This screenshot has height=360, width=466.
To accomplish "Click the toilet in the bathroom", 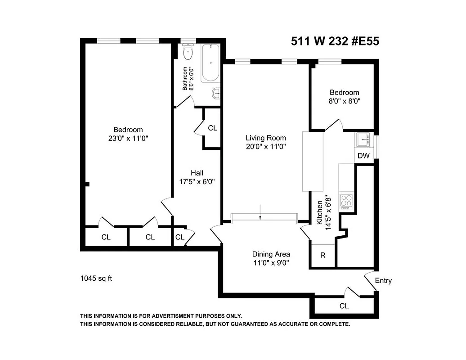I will [188, 52].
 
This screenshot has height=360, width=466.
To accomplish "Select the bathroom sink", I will [216, 94].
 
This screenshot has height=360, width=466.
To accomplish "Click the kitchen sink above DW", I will [363, 140].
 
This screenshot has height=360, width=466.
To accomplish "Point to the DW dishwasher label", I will [363, 156].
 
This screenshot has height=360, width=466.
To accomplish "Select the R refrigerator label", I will [323, 255].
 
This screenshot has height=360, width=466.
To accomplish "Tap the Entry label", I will [383, 280].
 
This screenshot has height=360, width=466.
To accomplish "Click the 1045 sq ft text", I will [96, 278].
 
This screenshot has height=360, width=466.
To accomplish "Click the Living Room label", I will [265, 138].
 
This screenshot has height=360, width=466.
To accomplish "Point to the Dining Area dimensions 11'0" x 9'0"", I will [271, 263].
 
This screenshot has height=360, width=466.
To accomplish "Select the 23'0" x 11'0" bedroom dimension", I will [128, 139].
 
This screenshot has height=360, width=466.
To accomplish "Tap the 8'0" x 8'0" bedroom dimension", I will [343, 101].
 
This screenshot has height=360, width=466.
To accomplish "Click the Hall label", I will [197, 173].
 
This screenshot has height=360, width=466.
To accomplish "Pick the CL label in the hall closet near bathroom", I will [212, 128].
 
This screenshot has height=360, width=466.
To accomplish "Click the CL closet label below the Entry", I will [344, 306].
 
